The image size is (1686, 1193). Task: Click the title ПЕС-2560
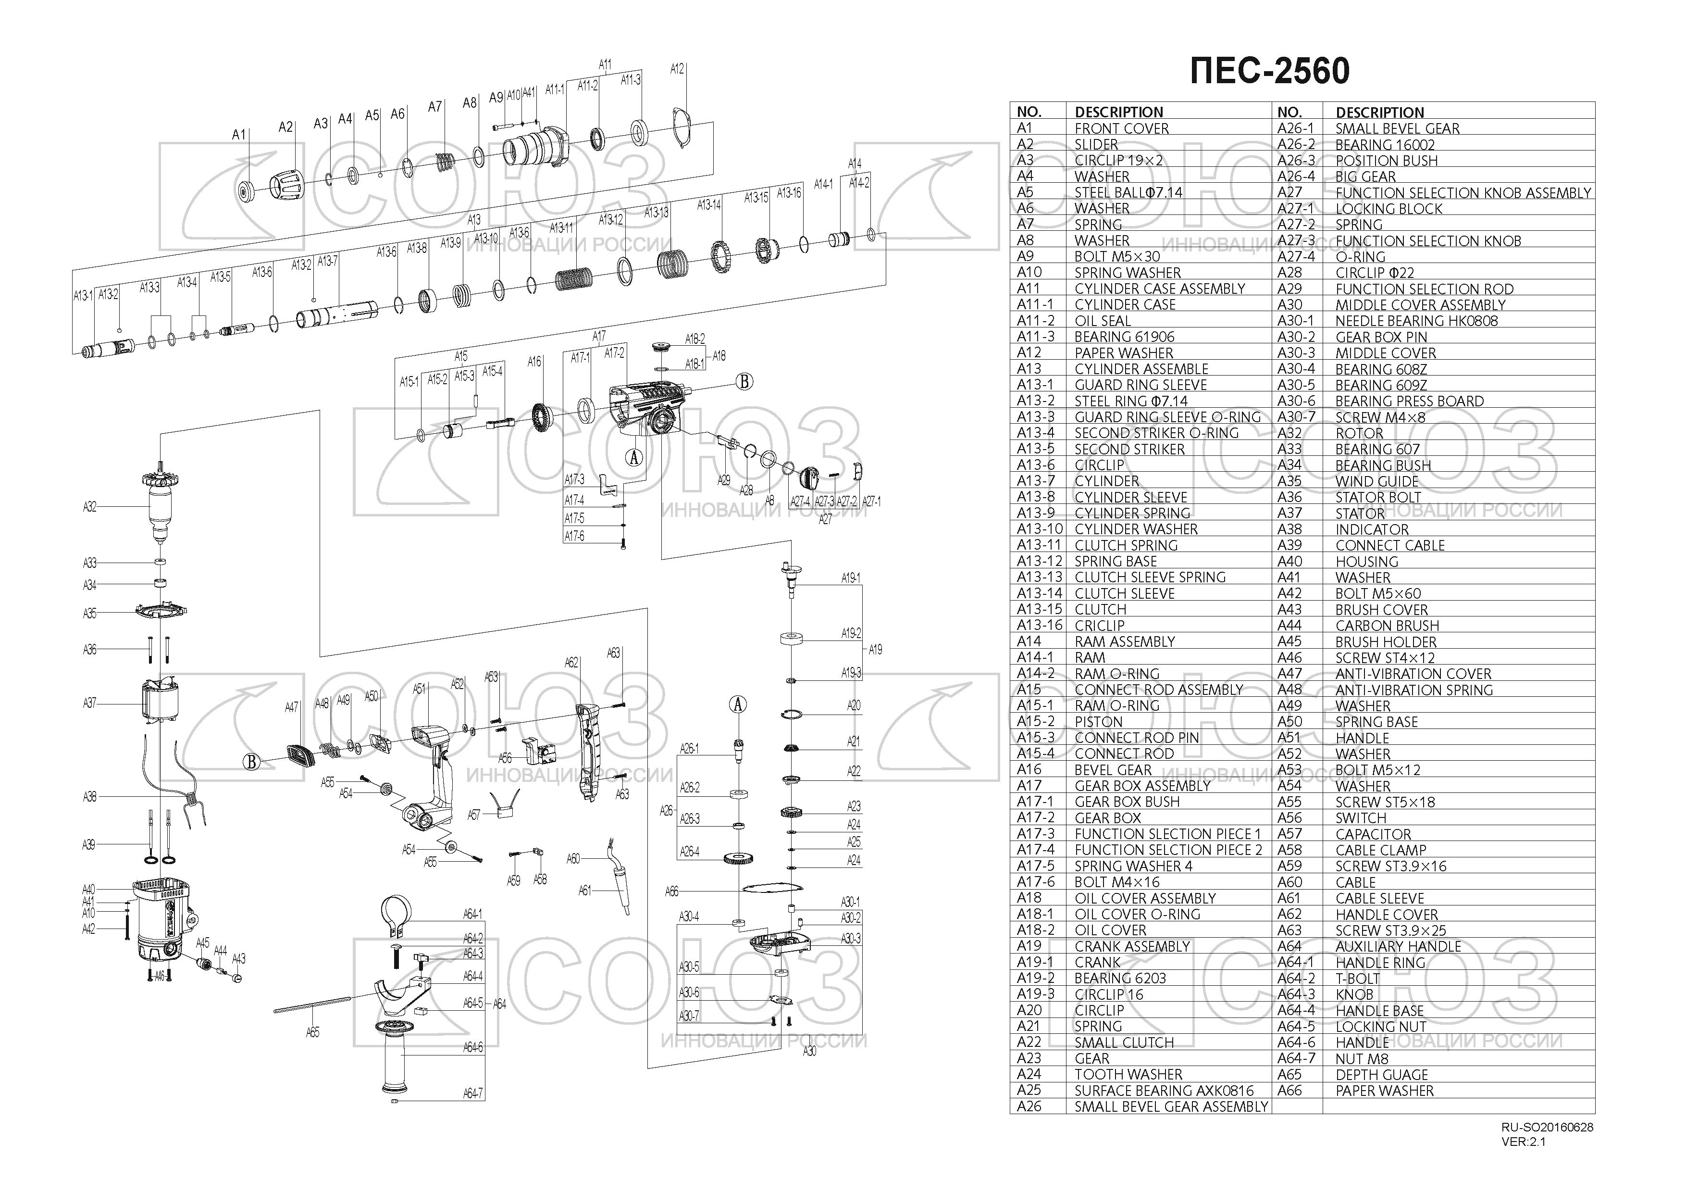coord(1270,71)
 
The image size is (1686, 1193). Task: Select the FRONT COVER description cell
coord(1121,128)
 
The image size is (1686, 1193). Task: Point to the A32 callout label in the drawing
coord(89,507)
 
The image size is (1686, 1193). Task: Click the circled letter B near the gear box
coord(744,381)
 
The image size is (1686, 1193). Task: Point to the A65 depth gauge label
coord(313,1032)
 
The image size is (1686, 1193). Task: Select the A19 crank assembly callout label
coord(875,649)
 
